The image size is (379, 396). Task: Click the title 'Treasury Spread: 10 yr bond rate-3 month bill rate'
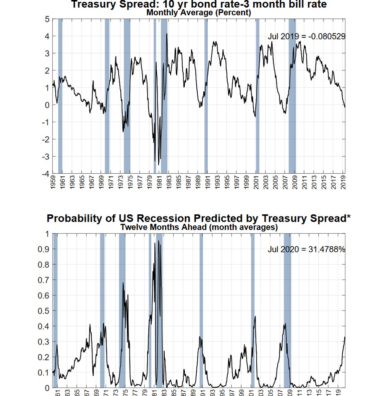199,4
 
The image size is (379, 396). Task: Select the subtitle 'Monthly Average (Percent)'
199,12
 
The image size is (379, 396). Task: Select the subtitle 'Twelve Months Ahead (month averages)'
199,227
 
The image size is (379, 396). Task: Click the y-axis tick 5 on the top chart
47,19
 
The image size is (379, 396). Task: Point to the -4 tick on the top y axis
45,174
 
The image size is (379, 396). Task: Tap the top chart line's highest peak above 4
167,34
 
